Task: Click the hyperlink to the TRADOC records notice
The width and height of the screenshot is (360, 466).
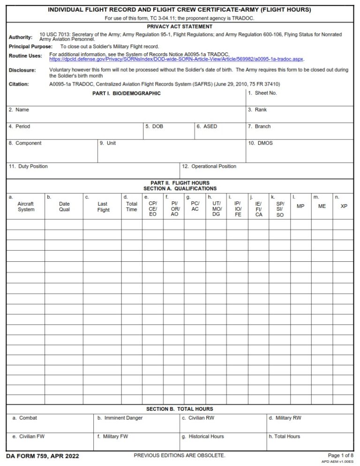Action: pos(177,59)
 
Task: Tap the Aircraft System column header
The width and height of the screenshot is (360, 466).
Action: pos(26,207)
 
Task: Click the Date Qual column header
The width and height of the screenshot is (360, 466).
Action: pos(64,207)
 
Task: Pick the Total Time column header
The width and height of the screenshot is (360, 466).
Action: pos(132,207)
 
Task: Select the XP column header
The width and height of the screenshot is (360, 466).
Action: pos(344,206)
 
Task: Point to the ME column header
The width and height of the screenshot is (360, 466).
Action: pos(322,206)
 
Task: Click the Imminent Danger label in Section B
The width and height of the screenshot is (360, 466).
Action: pos(120,418)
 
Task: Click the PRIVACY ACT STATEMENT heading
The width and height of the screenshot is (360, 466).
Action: pos(180,27)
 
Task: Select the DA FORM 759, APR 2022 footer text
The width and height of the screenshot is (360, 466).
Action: pos(43,456)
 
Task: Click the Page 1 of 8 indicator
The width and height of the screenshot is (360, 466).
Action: pos(340,455)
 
